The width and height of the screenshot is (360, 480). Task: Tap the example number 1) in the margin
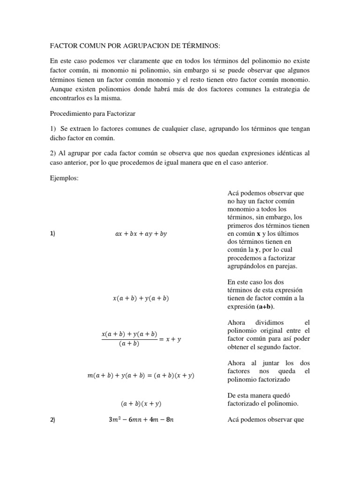click(52, 234)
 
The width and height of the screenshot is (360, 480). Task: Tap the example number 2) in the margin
click(52, 420)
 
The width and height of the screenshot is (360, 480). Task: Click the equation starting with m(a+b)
click(141, 375)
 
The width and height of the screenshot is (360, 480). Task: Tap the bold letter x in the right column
click(258, 234)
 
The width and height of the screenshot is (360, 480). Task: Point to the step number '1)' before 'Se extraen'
click(52, 129)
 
